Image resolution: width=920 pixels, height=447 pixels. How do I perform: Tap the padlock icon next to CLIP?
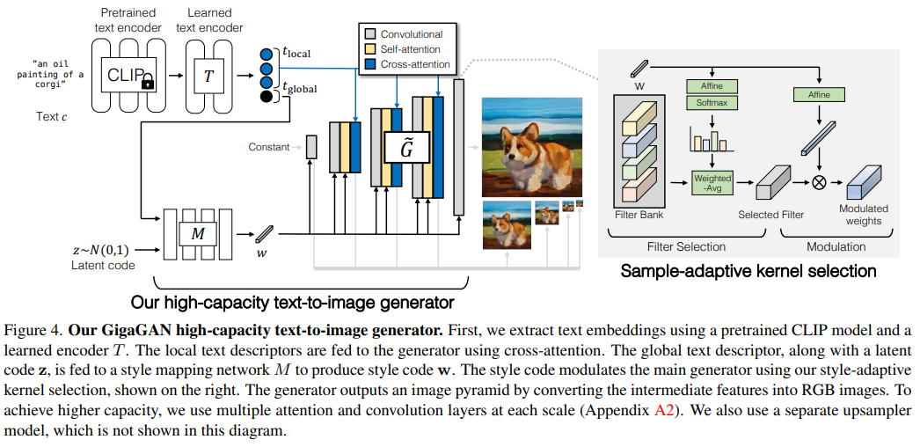(x=148, y=84)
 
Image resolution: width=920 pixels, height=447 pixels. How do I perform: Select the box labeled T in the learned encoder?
(x=208, y=77)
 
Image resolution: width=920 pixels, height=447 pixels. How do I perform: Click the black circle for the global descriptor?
(x=267, y=96)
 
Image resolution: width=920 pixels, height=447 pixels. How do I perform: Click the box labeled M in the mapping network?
(x=198, y=233)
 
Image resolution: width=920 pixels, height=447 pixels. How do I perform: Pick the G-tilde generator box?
(x=406, y=149)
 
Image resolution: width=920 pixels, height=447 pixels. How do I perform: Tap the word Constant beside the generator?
(x=268, y=147)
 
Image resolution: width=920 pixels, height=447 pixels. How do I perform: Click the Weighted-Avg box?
(x=712, y=183)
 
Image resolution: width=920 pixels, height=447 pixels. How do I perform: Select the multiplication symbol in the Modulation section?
(x=819, y=183)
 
